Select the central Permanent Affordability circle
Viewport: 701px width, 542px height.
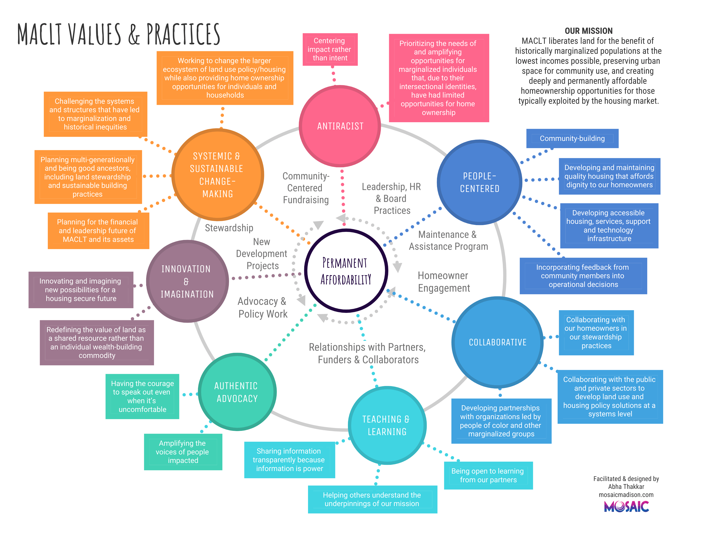point(346,271)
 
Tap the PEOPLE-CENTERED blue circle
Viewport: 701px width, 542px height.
point(479,182)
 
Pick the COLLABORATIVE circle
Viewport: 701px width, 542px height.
point(497,342)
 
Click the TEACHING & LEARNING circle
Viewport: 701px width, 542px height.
point(387,426)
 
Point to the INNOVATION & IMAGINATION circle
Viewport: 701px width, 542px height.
point(187,281)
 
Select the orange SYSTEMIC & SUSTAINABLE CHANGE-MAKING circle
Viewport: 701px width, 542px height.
point(217,175)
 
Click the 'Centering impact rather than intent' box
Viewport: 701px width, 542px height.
point(330,50)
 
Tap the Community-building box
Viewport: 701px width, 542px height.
point(572,138)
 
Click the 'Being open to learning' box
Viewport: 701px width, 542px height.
point(488,475)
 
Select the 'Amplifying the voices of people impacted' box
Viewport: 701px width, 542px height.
point(183,452)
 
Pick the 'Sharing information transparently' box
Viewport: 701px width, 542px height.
point(289,460)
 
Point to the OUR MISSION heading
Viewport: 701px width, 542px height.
point(588,31)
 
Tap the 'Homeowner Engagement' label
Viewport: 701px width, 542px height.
point(444,282)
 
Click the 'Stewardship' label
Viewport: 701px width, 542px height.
point(229,228)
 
